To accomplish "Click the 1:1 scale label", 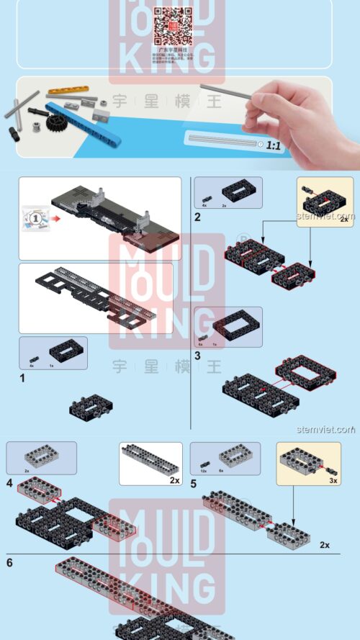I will click(x=274, y=145).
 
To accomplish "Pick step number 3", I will click(x=197, y=355).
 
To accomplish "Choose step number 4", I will click(x=9, y=482).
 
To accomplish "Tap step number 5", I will click(x=194, y=483).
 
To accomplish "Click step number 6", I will click(x=9, y=562).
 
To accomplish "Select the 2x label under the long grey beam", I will click(x=174, y=480).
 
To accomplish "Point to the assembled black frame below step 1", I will click(x=89, y=407).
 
